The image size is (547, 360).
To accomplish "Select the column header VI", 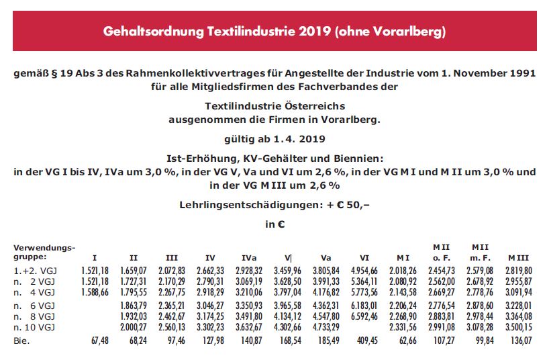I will [x=364, y=257].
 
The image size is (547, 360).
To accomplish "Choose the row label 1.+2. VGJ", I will [x=34, y=270].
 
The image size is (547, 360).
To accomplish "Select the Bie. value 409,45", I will [x=368, y=341].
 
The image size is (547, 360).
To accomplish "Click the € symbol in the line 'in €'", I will [x=280, y=224].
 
